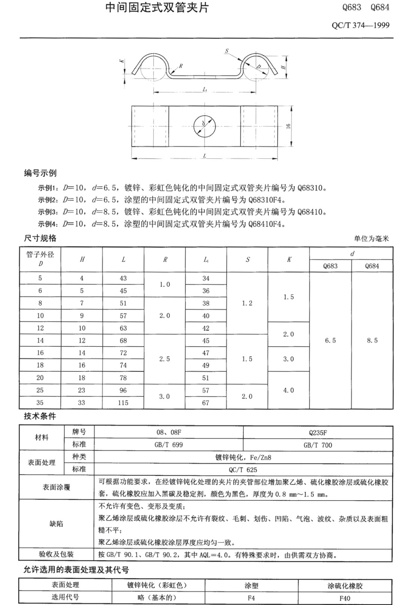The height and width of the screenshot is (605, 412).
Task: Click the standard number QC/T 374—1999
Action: point(360,25)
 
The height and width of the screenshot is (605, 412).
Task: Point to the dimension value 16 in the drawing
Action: point(288,126)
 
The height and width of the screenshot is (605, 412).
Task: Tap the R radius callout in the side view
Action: point(181,66)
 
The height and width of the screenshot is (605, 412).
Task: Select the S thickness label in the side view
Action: point(227,51)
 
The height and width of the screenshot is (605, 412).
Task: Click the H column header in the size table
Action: point(82,259)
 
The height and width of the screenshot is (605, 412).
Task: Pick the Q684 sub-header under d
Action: point(372,266)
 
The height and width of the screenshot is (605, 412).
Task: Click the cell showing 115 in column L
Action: point(123,403)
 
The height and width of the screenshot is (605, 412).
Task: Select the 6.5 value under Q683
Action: point(330,340)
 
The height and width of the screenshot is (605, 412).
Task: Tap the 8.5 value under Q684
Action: point(372,340)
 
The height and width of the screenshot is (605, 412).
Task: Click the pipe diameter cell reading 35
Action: point(40,403)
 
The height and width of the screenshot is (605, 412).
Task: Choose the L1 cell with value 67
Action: point(206,403)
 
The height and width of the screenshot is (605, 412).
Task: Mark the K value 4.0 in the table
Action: point(288,390)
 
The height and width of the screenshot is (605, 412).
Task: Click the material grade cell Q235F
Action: point(318,432)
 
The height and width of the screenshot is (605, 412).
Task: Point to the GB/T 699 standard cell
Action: point(169,445)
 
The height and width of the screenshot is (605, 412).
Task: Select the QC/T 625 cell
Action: point(243,469)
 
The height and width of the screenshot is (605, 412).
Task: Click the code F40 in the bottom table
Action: point(345,598)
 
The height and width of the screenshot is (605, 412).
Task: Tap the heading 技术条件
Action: point(40,416)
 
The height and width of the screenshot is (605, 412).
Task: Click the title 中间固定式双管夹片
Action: point(157,8)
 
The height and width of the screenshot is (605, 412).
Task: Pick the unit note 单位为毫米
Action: point(371,238)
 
